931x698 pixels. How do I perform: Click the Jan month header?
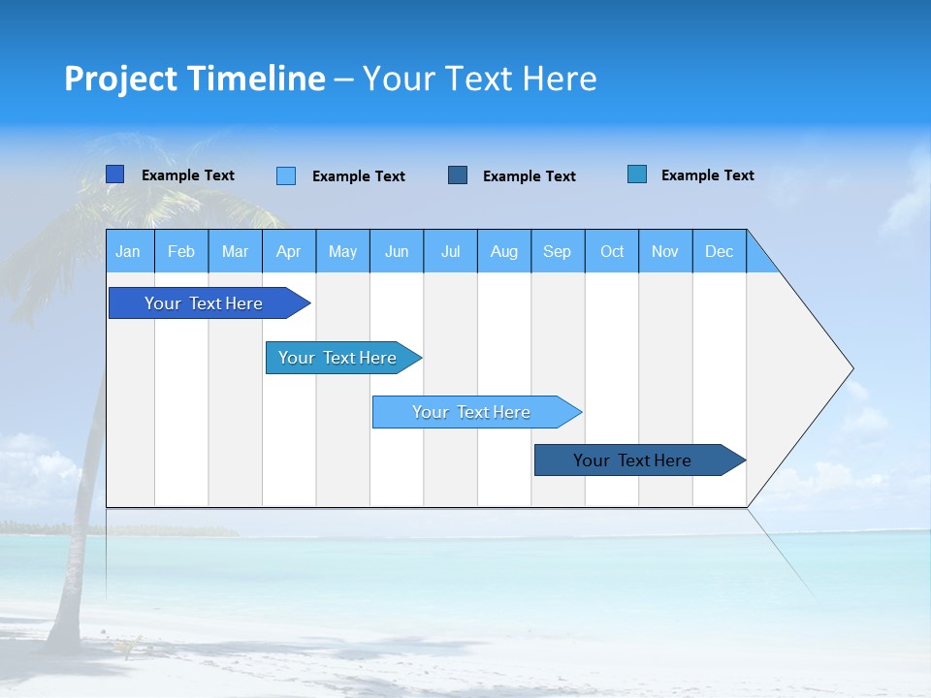[x=128, y=251]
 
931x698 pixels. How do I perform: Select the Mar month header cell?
[x=235, y=251]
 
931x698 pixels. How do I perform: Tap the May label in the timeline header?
[x=342, y=251]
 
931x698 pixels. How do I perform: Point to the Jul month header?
[x=450, y=251]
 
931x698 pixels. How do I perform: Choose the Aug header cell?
[x=503, y=251]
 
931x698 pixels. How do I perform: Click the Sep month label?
[x=557, y=251]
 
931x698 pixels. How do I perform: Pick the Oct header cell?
[x=612, y=251]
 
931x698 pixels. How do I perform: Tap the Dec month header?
[x=719, y=251]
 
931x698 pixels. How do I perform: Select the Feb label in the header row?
[x=181, y=251]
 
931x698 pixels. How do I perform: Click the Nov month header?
[x=665, y=251]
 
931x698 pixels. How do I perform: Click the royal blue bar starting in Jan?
[x=204, y=303]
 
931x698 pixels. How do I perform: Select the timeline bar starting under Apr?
[x=337, y=358]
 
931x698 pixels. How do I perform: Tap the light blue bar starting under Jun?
[x=471, y=412]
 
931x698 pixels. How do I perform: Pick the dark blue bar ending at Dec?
[x=632, y=460]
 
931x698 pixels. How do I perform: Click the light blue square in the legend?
[x=286, y=175]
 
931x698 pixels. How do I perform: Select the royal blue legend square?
[x=115, y=174]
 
